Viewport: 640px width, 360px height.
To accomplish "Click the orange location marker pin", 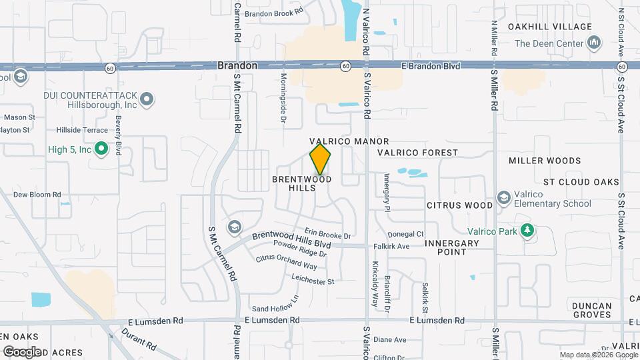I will tap(321, 159).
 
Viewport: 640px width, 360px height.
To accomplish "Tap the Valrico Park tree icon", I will tap(528, 230).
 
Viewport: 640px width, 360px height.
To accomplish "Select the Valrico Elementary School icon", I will tap(504, 199).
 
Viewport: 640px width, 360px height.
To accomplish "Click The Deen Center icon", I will tap(595, 44).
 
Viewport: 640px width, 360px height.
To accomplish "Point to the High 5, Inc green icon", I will tap(101, 149).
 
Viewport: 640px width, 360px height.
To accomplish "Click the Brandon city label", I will tap(237, 66).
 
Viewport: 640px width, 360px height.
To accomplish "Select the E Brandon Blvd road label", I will tap(431, 66).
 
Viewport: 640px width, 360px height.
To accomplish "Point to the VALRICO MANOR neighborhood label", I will tap(349, 142).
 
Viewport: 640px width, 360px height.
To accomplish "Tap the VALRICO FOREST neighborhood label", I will tap(417, 153).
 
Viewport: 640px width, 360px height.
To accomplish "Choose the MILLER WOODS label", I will tap(545, 161).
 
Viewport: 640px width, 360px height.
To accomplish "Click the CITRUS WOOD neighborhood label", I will tap(460, 206).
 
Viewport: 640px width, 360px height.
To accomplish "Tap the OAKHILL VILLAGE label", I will tap(549, 27).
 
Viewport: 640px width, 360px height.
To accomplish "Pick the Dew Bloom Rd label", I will tap(37, 195).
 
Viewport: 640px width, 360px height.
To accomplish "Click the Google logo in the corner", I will tap(22, 351).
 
